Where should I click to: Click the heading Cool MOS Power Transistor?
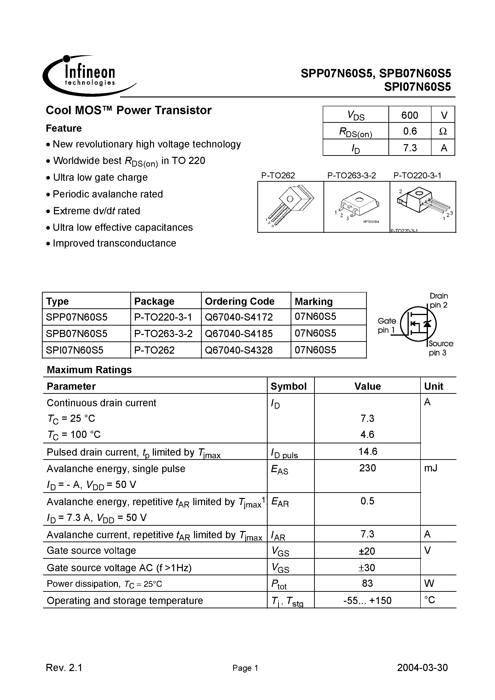click(x=128, y=110)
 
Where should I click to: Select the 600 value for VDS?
click(x=409, y=115)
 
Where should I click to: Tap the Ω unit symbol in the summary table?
click(x=443, y=131)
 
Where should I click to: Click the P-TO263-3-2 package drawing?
click(x=357, y=207)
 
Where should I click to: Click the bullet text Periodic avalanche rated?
click(x=107, y=194)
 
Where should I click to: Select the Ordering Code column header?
click(x=240, y=301)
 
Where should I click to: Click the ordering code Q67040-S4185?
click(x=239, y=333)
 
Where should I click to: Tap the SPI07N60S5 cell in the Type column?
click(x=75, y=350)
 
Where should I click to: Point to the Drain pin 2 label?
click(x=438, y=300)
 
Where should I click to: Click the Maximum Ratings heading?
click(x=89, y=370)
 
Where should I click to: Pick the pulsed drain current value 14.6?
click(x=368, y=451)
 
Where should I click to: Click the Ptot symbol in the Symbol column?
click(x=279, y=584)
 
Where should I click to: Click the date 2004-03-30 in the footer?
click(x=422, y=668)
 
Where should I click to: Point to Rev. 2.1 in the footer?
click(x=64, y=668)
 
